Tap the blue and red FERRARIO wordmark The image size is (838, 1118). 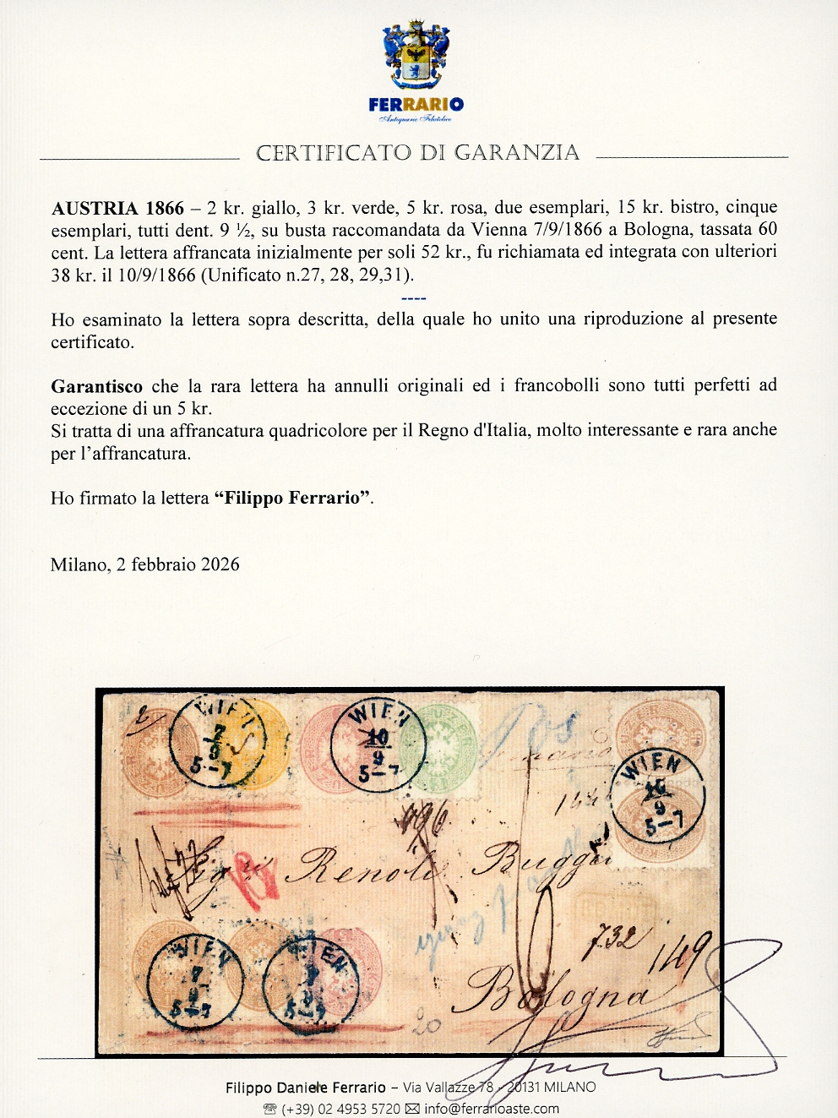pyautogui.click(x=416, y=105)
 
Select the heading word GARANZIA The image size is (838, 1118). pyautogui.click(x=517, y=153)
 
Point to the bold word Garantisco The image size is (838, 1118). pyautogui.click(x=96, y=386)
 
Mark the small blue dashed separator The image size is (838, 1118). pyautogui.click(x=414, y=297)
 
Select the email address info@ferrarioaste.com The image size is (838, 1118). pyautogui.click(x=491, y=1109)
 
